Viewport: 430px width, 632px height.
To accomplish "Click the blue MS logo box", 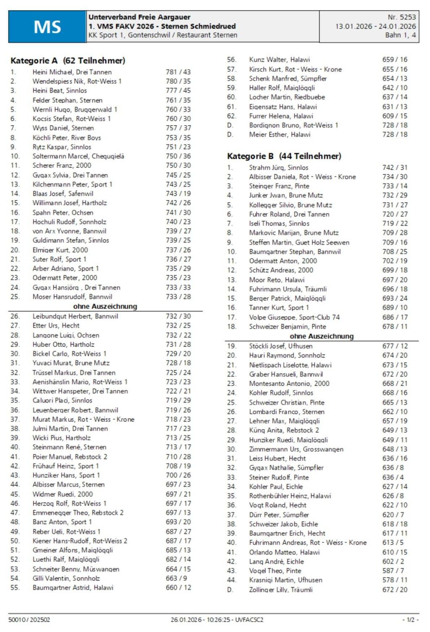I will (47, 27).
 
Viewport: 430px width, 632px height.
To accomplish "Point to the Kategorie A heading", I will (68, 61).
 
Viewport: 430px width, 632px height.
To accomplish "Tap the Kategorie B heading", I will (284, 156).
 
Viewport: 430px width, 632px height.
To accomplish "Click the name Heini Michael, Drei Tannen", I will (72, 72).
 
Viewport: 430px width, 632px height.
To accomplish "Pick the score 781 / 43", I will (178, 72).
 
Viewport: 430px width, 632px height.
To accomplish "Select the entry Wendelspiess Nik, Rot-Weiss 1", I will (77, 81).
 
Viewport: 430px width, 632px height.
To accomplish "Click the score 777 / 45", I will (178, 91).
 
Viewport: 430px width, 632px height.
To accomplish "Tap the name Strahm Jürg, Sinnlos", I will (279, 168).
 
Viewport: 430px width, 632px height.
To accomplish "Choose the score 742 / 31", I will (395, 168).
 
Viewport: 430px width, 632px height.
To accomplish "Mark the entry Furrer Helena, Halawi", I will (281, 116).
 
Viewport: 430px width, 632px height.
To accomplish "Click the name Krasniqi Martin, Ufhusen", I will (286, 580).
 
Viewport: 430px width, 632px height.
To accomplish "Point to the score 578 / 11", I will (395, 580).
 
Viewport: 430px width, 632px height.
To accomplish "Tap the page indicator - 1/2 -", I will (410, 620).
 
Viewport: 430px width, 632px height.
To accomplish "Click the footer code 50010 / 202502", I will (29, 620).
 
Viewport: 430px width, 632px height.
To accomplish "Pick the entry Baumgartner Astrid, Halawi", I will (73, 588).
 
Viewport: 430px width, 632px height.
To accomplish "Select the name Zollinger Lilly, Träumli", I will (281, 590).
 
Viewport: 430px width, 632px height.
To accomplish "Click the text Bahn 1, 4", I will (400, 35).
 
